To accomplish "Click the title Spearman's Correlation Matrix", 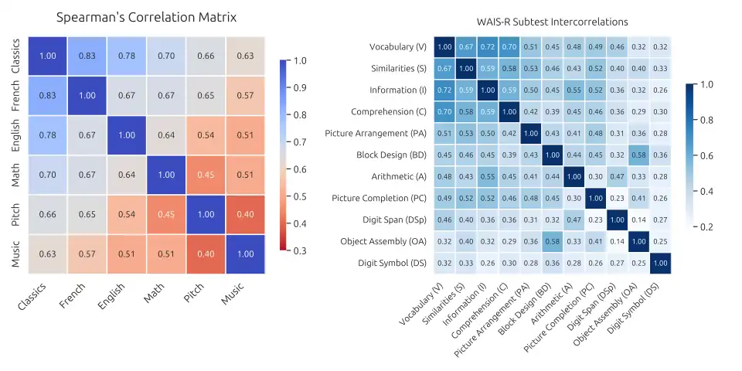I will coord(147,16).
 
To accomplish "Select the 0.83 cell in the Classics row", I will coord(87,56).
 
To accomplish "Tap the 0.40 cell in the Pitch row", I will coord(244,213).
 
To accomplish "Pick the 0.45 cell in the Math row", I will coord(205,174).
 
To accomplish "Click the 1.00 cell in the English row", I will coord(127,134).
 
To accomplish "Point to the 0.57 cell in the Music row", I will coord(87,253).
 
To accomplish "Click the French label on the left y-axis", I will coord(17,95).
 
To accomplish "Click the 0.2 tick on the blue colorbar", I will coord(706,226).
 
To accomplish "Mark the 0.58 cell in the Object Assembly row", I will coord(553,242).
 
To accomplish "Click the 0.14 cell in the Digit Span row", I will coord(639,220).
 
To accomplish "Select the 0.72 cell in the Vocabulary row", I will coord(488,47).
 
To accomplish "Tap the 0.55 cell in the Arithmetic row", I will coord(488,177).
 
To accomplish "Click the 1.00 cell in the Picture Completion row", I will coord(596,199).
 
